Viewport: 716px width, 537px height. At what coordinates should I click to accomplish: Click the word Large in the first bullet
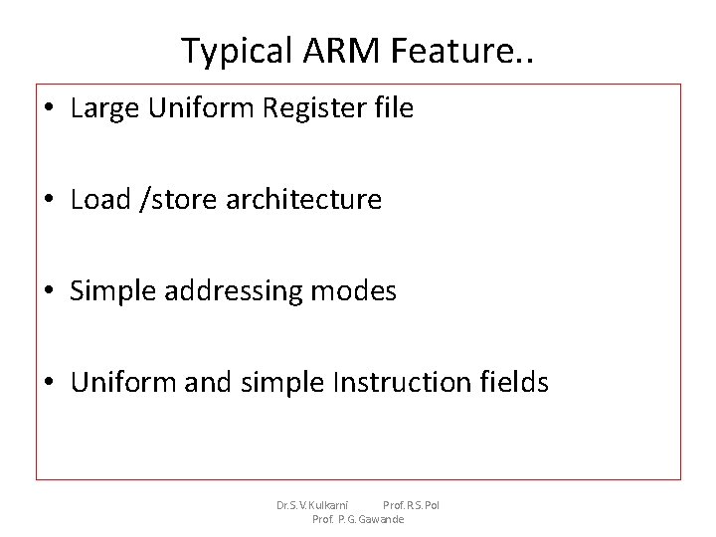coord(102,108)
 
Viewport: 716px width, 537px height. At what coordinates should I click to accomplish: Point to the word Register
coord(308,108)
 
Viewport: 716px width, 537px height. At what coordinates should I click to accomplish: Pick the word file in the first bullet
coord(392,107)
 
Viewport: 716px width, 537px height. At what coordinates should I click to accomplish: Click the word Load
coord(100,199)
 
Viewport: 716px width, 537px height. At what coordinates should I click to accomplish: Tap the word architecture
coord(303,199)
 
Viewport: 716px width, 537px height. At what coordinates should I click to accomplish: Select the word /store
coord(178,199)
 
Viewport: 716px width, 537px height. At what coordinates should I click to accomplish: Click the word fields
coord(513,382)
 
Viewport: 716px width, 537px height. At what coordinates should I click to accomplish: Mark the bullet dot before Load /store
coord(51,200)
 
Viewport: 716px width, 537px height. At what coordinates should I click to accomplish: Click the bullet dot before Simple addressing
coord(51,291)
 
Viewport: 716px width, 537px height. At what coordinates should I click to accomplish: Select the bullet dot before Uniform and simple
coord(51,383)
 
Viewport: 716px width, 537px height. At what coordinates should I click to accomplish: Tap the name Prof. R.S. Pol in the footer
coord(411,505)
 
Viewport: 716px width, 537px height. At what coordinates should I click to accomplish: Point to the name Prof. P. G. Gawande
coord(358,519)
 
